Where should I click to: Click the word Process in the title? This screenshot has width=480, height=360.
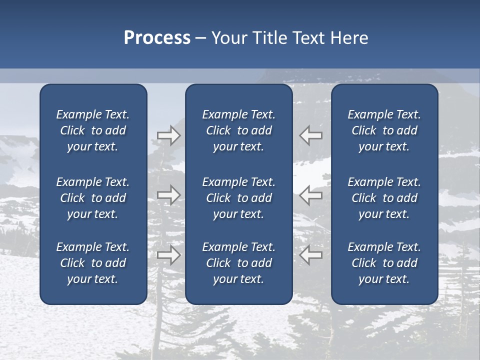pos(157,38)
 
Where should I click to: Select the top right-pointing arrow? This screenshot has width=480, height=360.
pos(169,135)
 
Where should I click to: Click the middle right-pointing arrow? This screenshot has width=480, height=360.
pos(169,195)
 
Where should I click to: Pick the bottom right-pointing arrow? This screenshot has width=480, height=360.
pos(169,254)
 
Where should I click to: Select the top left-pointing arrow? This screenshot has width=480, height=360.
pos(311,135)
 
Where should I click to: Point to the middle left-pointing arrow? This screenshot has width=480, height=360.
pos(311,195)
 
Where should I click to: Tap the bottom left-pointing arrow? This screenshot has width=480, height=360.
pos(311,254)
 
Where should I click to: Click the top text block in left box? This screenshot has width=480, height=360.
pos(93,130)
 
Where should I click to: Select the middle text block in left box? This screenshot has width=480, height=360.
pos(93,198)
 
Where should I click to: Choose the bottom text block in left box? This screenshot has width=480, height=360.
pos(93,263)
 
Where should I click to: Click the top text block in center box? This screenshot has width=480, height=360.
pos(238,130)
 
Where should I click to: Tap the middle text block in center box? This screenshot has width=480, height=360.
pos(238,198)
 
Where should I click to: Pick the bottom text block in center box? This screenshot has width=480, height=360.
pos(238,263)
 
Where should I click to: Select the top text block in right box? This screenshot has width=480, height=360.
pos(384,130)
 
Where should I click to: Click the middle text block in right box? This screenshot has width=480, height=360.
pos(384,198)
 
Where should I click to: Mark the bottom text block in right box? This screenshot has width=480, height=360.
pos(384,263)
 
